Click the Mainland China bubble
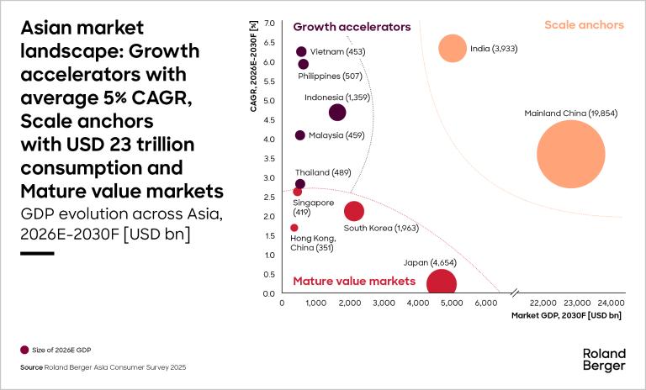571,155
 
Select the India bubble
453,48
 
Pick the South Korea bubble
354,211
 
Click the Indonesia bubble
337,113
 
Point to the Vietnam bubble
301,52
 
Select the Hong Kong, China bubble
294,228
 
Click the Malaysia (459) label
335,135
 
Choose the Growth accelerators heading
352,27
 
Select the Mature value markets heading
354,281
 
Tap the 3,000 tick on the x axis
384,303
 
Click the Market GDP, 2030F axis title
566,316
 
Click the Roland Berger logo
603,359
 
